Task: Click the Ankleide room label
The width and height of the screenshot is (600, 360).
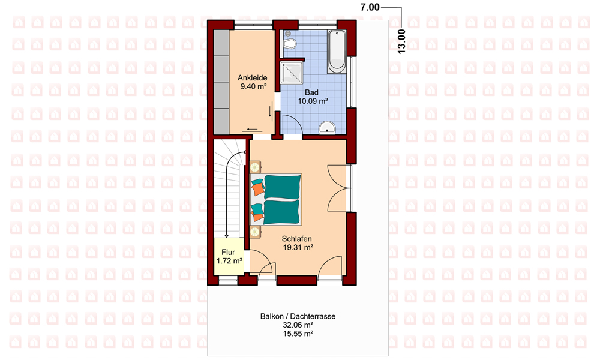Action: coord(252,77)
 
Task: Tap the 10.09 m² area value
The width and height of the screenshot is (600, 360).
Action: coord(313,101)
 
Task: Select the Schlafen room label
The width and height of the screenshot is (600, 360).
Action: coord(296,239)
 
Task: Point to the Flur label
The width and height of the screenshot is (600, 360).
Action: coord(228,253)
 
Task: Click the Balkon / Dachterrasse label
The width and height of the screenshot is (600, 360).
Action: coord(298,316)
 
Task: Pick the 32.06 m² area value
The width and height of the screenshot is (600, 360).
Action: coord(298,325)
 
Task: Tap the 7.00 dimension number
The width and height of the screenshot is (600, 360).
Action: coord(370,7)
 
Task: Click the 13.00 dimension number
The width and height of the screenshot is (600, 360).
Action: coord(401,42)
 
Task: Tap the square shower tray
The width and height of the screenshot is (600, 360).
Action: coord(292,73)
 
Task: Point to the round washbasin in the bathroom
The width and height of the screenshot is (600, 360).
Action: coord(327,128)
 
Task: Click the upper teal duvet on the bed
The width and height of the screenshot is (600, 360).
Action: coord(282,187)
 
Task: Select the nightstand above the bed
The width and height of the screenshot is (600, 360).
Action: coord(255,167)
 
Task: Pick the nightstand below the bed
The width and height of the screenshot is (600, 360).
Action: coord(255,232)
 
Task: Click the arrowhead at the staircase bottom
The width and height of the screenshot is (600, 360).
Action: coord(227,236)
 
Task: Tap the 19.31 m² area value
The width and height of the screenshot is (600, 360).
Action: coord(298,248)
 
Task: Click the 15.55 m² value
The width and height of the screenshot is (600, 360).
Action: coord(298,334)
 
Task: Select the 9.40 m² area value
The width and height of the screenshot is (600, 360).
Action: coord(253,86)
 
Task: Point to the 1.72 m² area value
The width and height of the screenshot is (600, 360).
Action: coord(229,261)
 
